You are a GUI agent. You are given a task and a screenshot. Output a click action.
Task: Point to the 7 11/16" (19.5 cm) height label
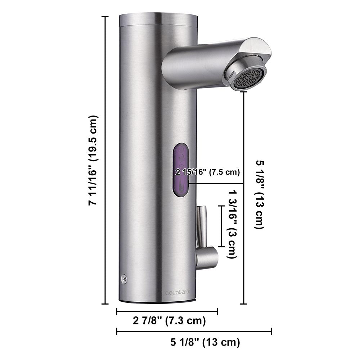tap(93, 160)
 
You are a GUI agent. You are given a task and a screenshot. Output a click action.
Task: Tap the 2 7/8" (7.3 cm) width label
tap(169, 321)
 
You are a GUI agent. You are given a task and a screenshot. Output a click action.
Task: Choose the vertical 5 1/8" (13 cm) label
tap(259, 194)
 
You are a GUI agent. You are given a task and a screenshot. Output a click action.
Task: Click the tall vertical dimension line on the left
tap(105, 160)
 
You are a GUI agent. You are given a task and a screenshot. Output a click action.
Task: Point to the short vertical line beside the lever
tap(221, 226)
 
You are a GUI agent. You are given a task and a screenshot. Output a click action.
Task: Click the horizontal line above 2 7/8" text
tap(167, 311)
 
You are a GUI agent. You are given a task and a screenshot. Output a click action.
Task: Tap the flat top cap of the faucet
tap(158, 20)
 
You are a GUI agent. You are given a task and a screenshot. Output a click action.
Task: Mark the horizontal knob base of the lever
tap(208, 257)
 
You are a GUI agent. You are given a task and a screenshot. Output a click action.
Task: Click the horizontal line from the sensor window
tap(216, 184)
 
